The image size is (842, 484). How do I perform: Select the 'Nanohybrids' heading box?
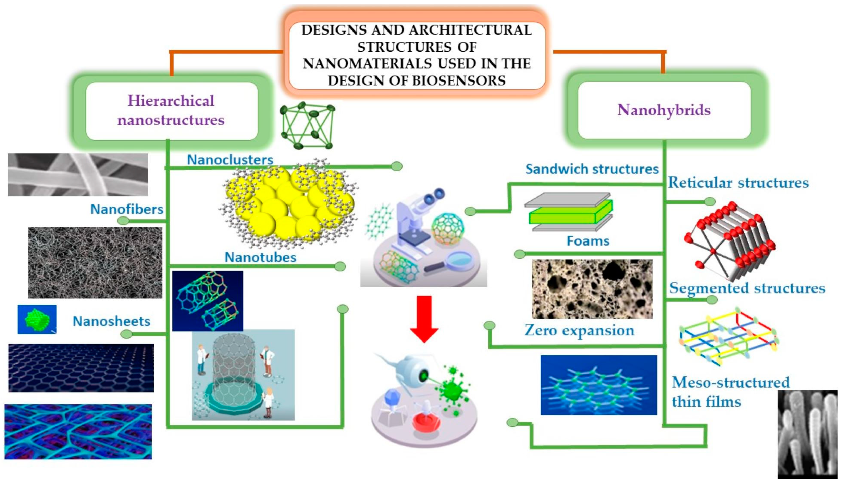pyautogui.click(x=664, y=110)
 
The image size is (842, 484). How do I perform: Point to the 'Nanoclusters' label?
pyautogui.click(x=230, y=160)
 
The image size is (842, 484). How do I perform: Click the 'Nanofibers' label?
pyautogui.click(x=127, y=209)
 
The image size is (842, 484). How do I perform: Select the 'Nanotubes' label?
pyautogui.click(x=260, y=257)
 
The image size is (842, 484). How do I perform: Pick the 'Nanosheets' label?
pyautogui.click(x=111, y=321)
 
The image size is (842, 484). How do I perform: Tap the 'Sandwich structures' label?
pyautogui.click(x=592, y=169)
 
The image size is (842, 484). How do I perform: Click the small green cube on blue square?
pyautogui.click(x=37, y=319)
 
